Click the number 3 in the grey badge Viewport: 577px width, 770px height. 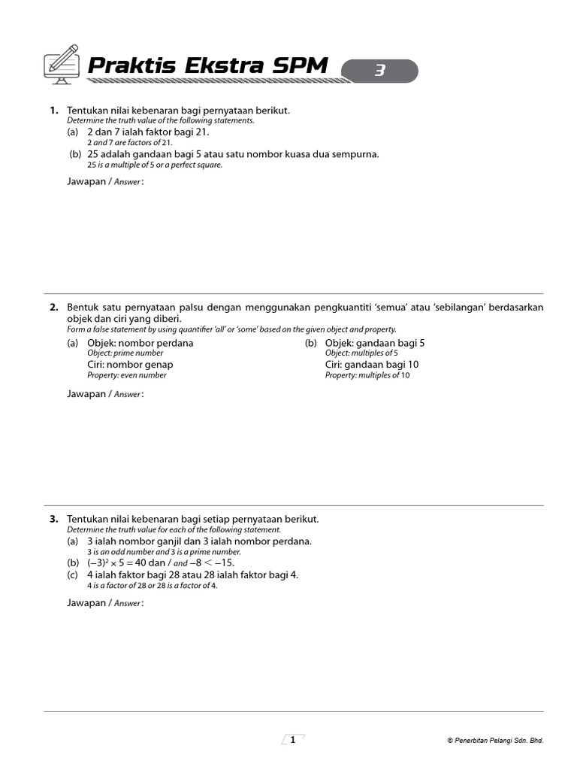pyautogui.click(x=380, y=71)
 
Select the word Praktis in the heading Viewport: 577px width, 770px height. pyautogui.click(x=128, y=66)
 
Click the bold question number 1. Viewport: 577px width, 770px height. pyautogui.click(x=53, y=111)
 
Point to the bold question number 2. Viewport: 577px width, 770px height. pyautogui.click(x=53, y=308)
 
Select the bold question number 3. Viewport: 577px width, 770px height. pyautogui.click(x=53, y=520)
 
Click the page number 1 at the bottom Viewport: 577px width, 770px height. pyautogui.click(x=292, y=740)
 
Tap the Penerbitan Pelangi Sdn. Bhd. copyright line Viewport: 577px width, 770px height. pyautogui.click(x=494, y=741)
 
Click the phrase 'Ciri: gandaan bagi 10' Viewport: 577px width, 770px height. pyautogui.click(x=372, y=365)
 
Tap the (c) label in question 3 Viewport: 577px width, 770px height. pyautogui.click(x=73, y=575)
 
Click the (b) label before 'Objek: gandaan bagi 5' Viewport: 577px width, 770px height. pyautogui.click(x=311, y=343)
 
